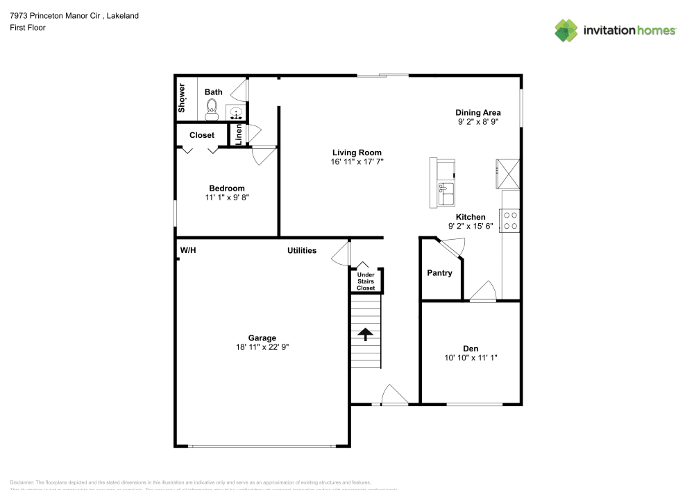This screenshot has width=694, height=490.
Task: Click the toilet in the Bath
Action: point(212,108)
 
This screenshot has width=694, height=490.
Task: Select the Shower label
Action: point(183,98)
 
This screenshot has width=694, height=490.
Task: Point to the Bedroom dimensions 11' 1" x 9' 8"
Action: point(227,198)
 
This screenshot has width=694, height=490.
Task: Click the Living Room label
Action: point(357,152)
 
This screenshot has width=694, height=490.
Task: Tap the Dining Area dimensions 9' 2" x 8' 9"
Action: point(477,122)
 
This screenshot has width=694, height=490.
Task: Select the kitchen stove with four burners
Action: point(511,220)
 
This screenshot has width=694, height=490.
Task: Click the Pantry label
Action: point(439,273)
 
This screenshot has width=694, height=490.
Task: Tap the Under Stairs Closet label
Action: point(366,281)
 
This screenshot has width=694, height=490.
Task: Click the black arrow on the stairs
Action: point(365,334)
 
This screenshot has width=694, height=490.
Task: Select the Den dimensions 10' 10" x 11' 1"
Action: point(471,358)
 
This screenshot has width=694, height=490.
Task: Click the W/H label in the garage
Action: point(188,250)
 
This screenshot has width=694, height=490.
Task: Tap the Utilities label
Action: point(302,250)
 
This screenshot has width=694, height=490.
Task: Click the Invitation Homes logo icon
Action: point(566,30)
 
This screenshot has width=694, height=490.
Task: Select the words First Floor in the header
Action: point(28,28)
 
